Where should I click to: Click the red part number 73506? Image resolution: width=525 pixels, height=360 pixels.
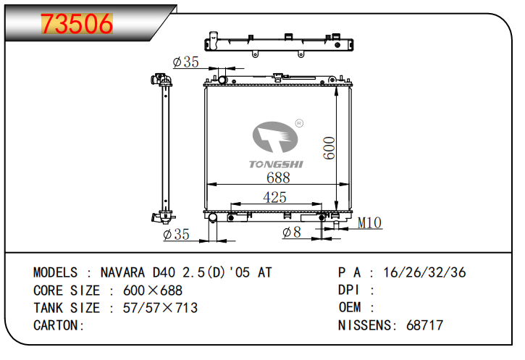point(77,24)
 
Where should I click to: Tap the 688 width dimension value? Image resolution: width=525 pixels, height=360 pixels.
point(278,177)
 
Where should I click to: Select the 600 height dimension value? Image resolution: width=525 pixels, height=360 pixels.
point(329,148)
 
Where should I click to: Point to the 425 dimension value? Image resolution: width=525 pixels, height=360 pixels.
point(274,197)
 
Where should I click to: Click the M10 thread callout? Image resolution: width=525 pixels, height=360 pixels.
point(369,222)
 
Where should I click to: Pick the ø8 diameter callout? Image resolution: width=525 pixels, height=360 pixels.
point(292,232)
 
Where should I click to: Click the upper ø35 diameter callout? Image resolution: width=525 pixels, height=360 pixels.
point(186,62)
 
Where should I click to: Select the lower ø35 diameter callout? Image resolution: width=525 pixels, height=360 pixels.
point(177,234)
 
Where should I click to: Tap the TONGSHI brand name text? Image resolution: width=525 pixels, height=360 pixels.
point(276,164)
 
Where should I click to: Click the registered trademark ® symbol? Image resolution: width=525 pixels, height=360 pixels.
point(299,123)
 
